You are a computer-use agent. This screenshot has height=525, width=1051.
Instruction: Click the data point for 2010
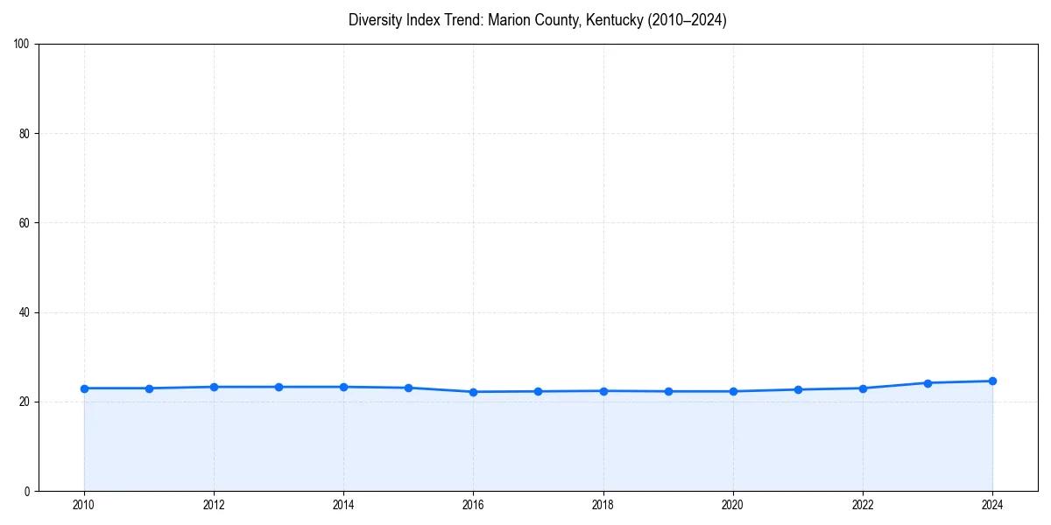(x=84, y=388)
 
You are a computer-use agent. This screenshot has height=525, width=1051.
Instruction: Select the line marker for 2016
(x=473, y=392)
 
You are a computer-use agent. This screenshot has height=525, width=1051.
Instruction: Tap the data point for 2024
(x=992, y=381)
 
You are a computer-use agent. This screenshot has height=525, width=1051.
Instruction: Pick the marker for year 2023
(x=928, y=382)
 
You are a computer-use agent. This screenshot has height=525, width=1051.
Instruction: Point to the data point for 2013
(x=279, y=387)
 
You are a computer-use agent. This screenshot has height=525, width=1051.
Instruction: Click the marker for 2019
(x=668, y=391)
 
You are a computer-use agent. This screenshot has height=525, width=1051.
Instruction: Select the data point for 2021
(x=798, y=389)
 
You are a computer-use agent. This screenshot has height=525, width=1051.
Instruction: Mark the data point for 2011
(x=149, y=388)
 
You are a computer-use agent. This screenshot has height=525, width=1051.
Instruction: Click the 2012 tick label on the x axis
(x=214, y=505)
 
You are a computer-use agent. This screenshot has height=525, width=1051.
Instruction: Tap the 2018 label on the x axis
(x=603, y=505)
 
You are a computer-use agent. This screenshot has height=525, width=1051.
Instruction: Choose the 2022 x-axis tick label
(x=863, y=505)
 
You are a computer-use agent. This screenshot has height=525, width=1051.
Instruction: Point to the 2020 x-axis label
(x=732, y=505)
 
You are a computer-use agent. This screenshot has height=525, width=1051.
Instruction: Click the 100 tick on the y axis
(x=23, y=45)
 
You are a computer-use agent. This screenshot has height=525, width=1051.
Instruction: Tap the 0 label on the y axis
(x=28, y=491)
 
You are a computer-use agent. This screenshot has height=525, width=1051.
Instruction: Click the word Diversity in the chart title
(x=376, y=20)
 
